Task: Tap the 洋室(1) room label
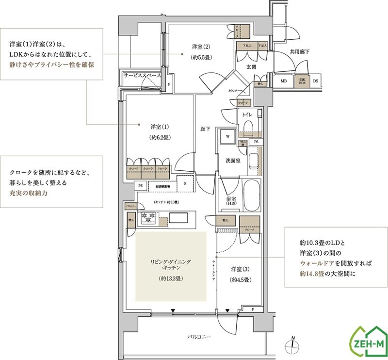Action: pos(159,127)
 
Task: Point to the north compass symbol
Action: pos(292,344)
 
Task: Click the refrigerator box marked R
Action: pos(185,183)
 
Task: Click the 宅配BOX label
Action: pos(302,81)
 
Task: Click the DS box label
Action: pos(315,81)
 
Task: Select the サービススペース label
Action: pos(142,76)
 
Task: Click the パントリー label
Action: pos(130,206)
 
